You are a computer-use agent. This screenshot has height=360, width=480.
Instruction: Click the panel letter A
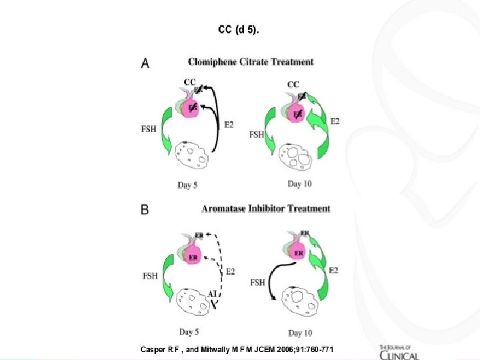[x=145, y=63]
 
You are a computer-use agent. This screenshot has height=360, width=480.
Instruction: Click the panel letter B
[x=145, y=209]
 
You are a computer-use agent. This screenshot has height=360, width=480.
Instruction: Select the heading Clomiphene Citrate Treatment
[x=250, y=62]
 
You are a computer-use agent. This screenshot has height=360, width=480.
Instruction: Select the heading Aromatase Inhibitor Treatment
[x=265, y=209]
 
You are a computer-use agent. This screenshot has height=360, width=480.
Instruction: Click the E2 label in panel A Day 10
[x=335, y=121]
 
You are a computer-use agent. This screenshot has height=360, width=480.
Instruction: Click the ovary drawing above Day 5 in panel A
[x=192, y=157]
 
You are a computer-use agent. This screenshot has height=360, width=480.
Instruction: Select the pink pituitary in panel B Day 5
[x=193, y=257]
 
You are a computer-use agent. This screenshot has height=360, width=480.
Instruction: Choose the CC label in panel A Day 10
[x=293, y=85]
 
